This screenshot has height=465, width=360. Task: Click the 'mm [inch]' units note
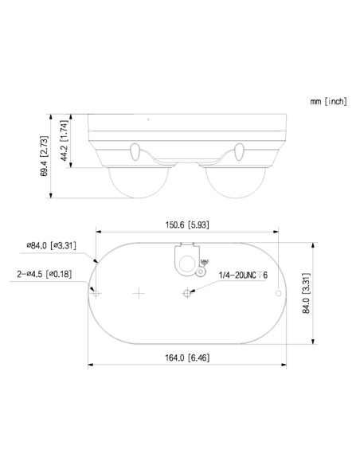pos(328,101)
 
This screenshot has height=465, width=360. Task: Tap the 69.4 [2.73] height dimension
pos(44,156)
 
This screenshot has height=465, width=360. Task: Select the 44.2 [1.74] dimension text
pos(65,141)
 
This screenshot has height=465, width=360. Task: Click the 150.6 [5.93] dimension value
pos(187,225)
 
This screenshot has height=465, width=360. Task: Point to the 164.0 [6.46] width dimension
pos(187,358)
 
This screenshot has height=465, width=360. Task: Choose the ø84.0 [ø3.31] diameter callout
pos(51,245)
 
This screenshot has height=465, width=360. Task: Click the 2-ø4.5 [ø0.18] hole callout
pos(44,274)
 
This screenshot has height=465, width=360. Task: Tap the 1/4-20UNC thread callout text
pos(243,275)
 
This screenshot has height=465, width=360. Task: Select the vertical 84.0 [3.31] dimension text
pos(306,293)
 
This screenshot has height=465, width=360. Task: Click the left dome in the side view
pos(139,182)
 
